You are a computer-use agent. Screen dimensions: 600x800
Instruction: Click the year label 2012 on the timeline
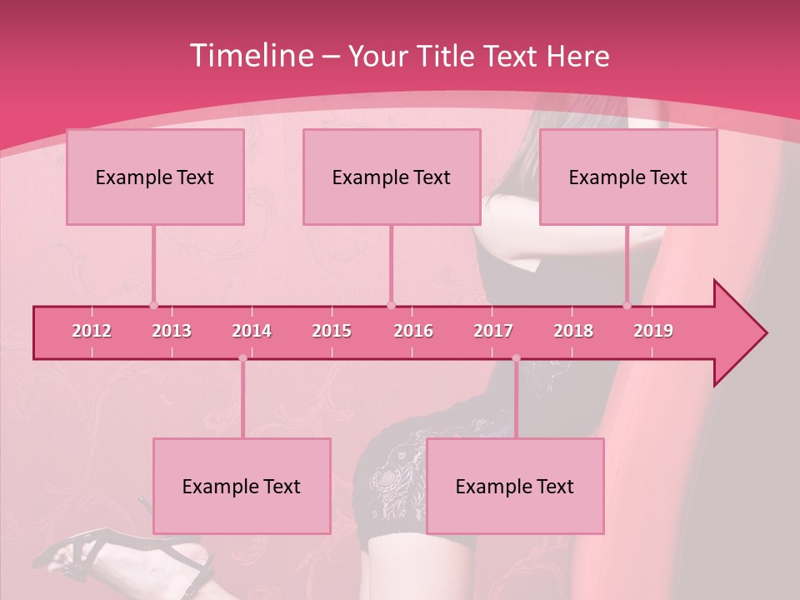pos(92,331)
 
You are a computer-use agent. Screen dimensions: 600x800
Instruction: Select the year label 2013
pos(172,331)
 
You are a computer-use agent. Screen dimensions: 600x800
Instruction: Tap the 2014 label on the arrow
pos(252,331)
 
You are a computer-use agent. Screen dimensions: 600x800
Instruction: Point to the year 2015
pos(332,331)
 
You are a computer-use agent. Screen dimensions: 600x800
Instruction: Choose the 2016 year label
pos(413,331)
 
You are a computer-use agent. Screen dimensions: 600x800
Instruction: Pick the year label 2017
pos(493,331)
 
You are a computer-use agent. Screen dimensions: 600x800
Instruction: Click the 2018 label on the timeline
pos(573,331)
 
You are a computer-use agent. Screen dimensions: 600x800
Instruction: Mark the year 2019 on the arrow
pos(653,331)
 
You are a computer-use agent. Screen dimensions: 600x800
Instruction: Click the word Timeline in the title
pos(251,56)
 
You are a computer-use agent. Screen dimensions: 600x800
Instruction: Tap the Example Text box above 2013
pos(155,177)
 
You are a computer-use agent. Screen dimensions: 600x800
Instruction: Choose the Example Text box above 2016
pos(392,177)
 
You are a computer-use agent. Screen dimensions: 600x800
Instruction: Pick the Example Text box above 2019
pos(628,177)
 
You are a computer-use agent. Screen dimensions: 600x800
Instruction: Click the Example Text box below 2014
pos(242,486)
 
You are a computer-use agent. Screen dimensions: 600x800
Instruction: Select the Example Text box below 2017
pos(515,486)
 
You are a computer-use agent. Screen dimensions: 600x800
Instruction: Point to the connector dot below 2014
pos(242,358)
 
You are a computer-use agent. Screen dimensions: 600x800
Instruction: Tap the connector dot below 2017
pos(516,358)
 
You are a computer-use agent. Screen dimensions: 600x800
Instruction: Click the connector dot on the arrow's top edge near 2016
pos(391,305)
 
